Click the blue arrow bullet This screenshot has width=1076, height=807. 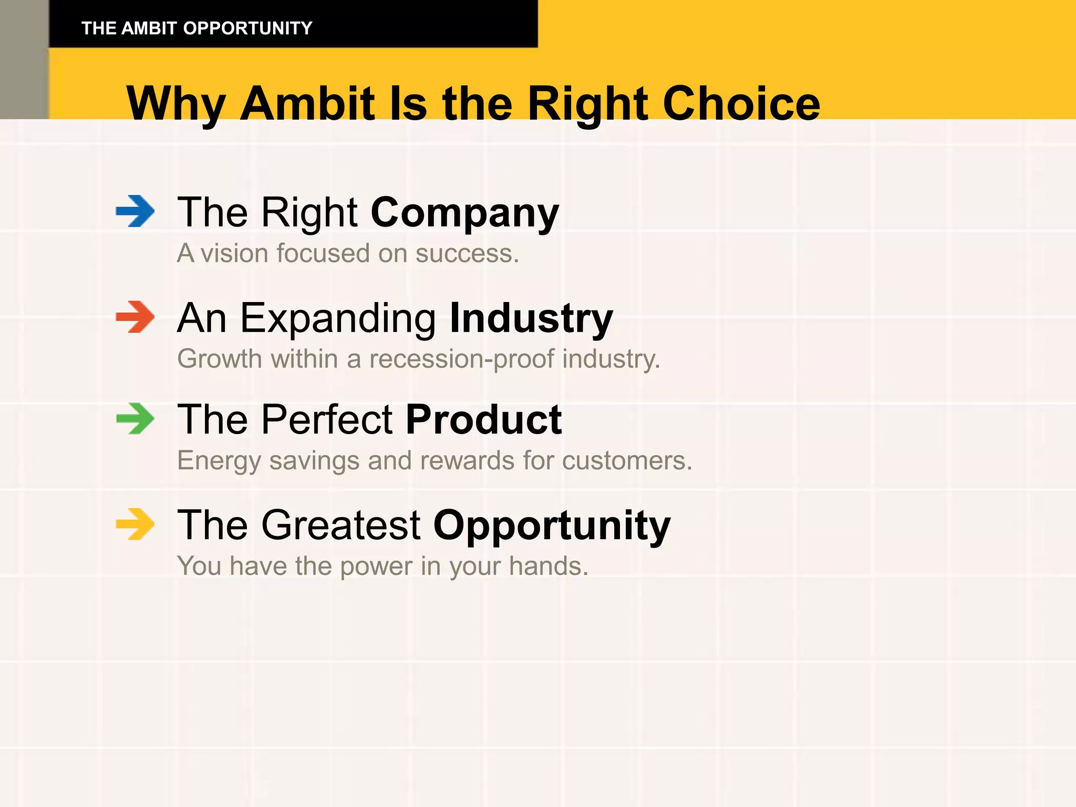[136, 211]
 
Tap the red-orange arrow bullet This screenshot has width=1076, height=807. [136, 317]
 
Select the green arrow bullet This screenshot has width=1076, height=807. [136, 419]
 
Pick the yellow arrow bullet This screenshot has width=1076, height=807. [136, 524]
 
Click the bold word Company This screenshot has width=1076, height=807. [464, 213]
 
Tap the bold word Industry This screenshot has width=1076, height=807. [531, 318]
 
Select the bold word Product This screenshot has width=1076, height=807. [483, 420]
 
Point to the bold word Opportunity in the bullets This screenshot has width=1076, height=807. [552, 525]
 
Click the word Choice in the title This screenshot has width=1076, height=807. [741, 104]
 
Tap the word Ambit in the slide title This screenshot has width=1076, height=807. [307, 104]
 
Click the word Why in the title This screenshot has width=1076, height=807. [176, 105]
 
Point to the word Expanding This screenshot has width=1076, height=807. [338, 319]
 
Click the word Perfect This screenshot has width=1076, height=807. [327, 420]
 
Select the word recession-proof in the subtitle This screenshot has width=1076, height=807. [461, 360]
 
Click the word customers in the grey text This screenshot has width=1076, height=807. [626, 461]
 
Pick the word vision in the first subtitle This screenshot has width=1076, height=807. [235, 253]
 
